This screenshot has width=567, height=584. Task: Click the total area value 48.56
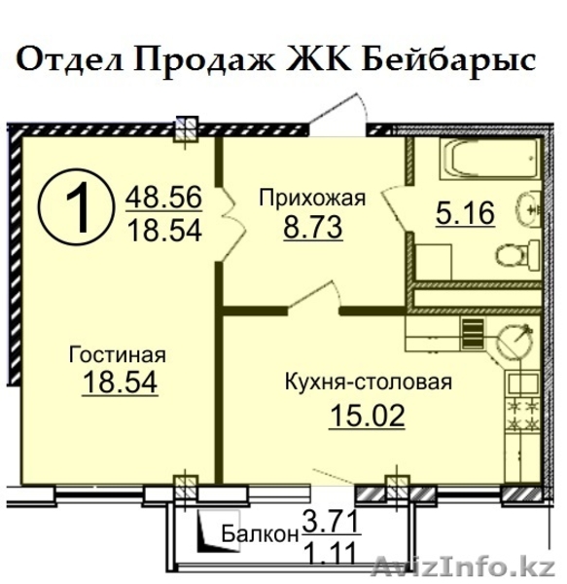pyautogui.click(x=162, y=198)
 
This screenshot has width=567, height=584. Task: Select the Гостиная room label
pyautogui.click(x=117, y=353)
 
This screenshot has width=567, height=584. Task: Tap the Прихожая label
pyautogui.click(x=311, y=200)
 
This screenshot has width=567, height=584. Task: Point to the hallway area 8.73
pyautogui.click(x=311, y=231)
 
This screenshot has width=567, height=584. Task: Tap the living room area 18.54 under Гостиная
pyautogui.click(x=117, y=383)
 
